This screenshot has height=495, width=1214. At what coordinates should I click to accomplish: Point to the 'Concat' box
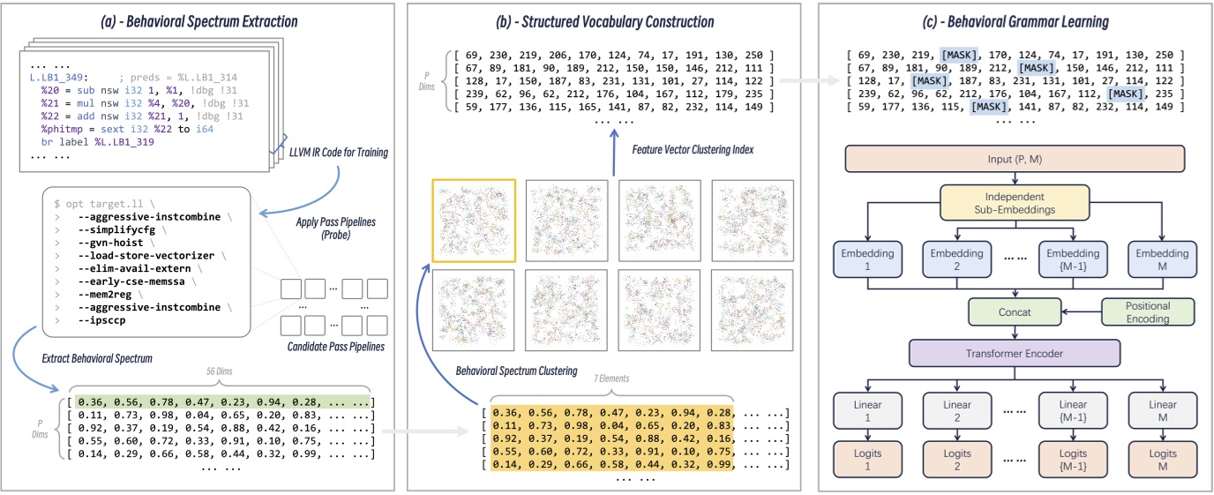coord(1014,311)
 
